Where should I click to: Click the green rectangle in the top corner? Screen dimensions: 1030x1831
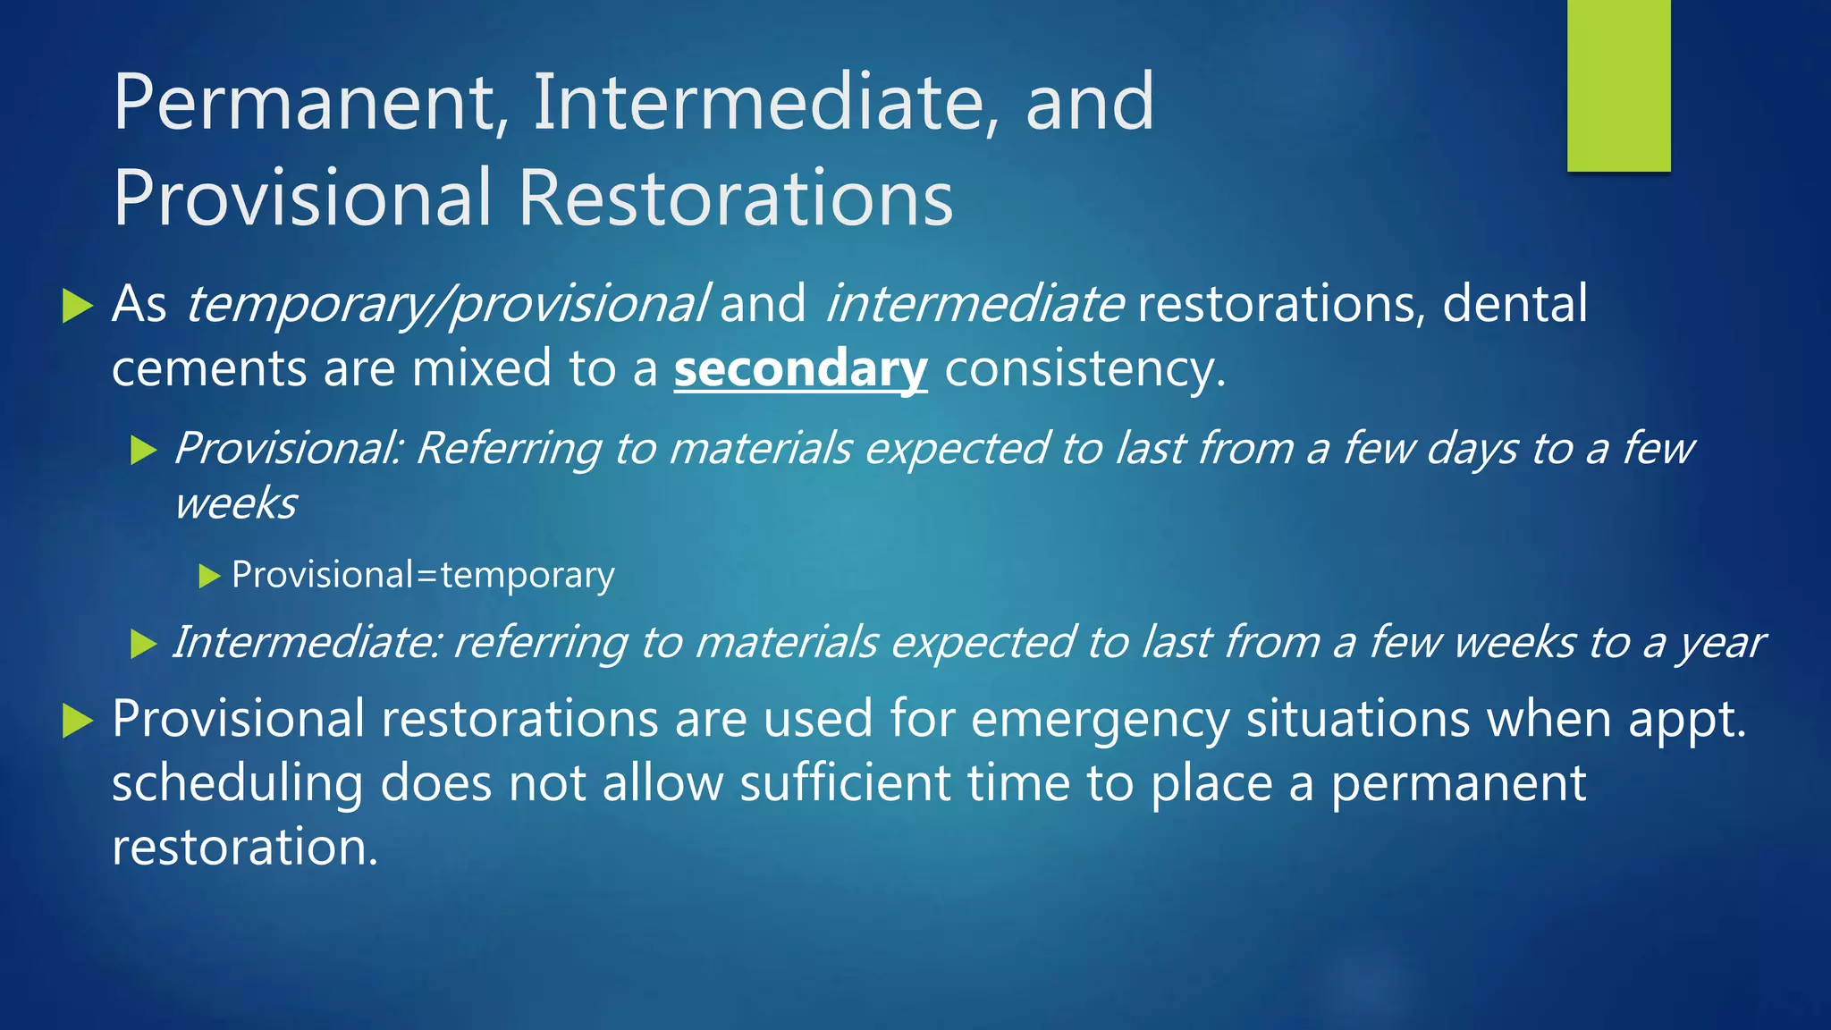1618,85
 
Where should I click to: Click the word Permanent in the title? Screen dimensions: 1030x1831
304,103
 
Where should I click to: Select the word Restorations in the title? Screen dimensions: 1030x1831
735,198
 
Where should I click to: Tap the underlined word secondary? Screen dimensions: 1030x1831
800,369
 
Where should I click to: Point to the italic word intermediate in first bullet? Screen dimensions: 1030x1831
974,304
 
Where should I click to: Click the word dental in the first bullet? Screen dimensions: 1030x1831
1515,304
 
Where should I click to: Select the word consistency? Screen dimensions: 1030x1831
1084,369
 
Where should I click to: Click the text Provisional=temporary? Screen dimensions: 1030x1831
423,575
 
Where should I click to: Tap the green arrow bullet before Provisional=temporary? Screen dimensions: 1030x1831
209,577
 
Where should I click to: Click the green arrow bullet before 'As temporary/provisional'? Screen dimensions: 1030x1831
79,307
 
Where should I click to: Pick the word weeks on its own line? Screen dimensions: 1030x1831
235,503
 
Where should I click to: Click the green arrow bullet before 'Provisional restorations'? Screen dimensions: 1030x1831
79,722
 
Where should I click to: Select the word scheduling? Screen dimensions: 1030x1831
237,784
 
